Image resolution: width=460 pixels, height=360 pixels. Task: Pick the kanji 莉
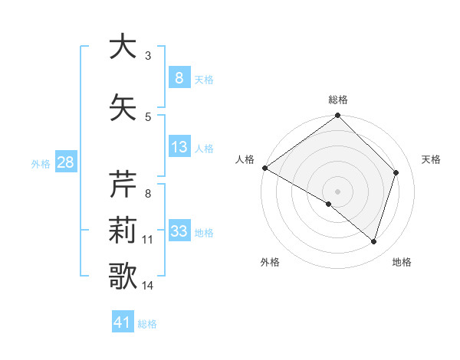pos(123,231)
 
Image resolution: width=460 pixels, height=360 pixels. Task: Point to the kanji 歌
pos(123,277)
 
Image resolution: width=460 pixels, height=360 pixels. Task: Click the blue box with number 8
pos(179,78)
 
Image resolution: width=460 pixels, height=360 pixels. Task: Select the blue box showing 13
pos(179,147)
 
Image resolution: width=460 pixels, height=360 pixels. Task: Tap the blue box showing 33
pos(179,231)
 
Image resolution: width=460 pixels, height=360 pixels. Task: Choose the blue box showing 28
pos(64,162)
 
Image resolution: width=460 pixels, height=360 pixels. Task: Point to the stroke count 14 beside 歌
pos(147,286)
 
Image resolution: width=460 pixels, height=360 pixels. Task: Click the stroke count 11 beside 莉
pos(147,240)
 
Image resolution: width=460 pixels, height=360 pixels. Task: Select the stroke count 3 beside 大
pos(148,55)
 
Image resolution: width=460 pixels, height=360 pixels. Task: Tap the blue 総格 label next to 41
pos(147,324)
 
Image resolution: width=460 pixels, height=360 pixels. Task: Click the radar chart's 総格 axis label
pos(338,100)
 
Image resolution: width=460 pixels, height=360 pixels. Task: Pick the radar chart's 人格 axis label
pos(245,159)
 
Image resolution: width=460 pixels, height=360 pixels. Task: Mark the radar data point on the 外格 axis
pos(329,204)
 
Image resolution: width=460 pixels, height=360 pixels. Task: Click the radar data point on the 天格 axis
pos(396,172)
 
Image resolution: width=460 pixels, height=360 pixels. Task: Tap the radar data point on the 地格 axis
pos(373,241)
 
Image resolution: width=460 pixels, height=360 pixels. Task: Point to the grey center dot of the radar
pos(337,191)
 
